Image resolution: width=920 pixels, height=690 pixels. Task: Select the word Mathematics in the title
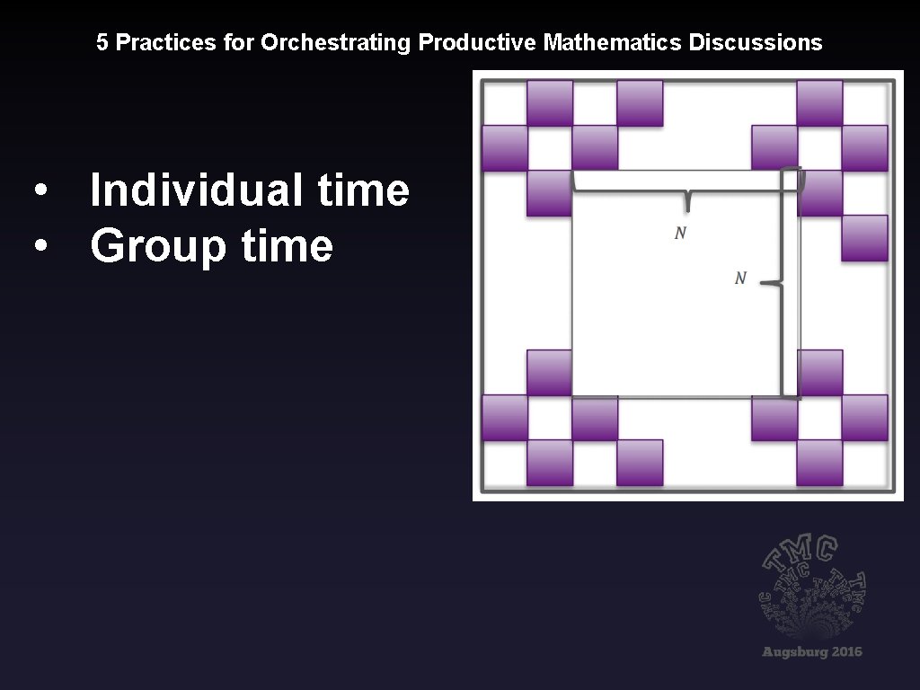[x=614, y=42]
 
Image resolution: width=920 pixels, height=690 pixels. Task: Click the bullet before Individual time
[x=39, y=191]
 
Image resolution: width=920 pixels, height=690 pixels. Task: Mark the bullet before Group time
[x=39, y=246]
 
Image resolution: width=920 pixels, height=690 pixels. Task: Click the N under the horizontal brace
[x=680, y=234]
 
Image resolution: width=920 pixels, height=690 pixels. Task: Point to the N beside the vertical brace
[x=740, y=279]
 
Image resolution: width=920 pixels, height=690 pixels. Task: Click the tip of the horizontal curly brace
[x=687, y=208]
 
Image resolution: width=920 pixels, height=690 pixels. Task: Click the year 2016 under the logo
[x=845, y=651]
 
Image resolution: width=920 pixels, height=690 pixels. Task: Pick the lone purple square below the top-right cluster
[x=864, y=238]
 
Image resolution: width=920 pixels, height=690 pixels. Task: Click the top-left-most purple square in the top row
[x=550, y=102]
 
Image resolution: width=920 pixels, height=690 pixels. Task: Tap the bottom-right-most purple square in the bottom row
[x=819, y=463]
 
